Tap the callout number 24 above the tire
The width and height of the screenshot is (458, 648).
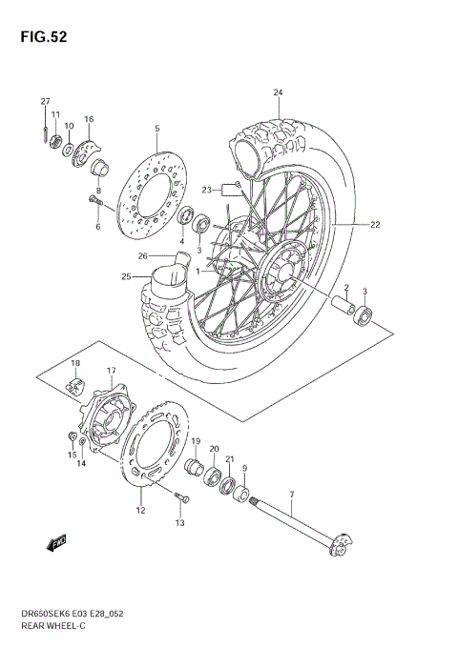coord(279,92)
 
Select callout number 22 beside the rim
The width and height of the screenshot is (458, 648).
coord(376,225)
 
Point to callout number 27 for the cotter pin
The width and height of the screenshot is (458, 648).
coord(45,101)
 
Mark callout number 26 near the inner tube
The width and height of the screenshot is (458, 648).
coord(142,255)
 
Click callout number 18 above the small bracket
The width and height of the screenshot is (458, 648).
coord(74,364)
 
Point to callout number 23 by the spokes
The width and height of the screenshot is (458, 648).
coord(205,190)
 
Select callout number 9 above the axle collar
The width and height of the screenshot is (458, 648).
coord(245,468)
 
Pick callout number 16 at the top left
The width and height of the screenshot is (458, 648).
coord(89,119)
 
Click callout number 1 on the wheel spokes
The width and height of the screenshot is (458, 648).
coord(198,270)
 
